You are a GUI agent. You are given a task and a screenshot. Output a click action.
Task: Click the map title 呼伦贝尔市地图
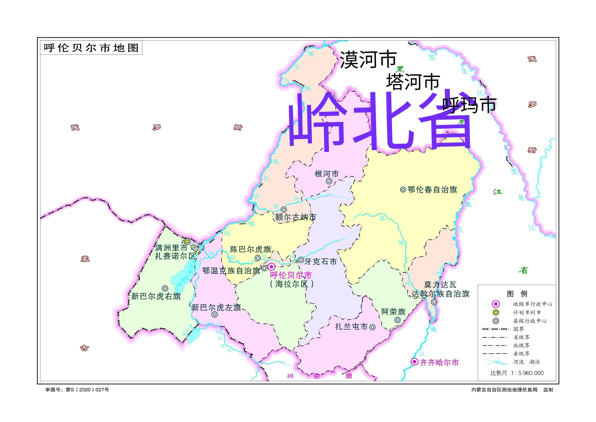point(91,48)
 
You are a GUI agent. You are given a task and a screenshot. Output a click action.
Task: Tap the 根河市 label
point(327,174)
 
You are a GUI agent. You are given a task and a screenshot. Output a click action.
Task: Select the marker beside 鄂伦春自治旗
point(403,190)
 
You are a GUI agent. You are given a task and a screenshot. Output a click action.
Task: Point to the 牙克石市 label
point(320,261)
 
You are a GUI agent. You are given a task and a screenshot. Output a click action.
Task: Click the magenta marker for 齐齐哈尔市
point(415,362)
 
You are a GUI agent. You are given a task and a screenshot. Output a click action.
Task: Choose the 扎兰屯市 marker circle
point(372,327)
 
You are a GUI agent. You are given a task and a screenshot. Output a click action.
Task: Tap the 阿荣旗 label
point(393,312)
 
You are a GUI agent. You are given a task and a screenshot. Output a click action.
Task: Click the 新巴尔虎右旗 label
point(156,296)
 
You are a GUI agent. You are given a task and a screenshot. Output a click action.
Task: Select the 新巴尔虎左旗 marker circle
point(215,315)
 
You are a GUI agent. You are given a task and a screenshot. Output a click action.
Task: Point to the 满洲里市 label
point(171,248)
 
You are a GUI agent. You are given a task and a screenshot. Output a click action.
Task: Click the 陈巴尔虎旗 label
point(250,249)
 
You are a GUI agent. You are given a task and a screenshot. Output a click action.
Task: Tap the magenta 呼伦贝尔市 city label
point(291,275)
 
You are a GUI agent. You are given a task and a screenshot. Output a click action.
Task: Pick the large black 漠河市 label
point(368,60)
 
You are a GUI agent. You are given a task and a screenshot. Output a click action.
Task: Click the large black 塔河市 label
point(413,81)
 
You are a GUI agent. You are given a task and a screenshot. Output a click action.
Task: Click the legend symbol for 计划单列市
point(496,312)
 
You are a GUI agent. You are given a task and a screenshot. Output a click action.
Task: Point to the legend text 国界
point(519,329)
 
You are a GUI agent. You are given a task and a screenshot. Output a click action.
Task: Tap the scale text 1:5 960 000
point(527,373)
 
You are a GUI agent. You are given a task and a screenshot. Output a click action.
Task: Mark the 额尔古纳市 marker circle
point(284,210)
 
